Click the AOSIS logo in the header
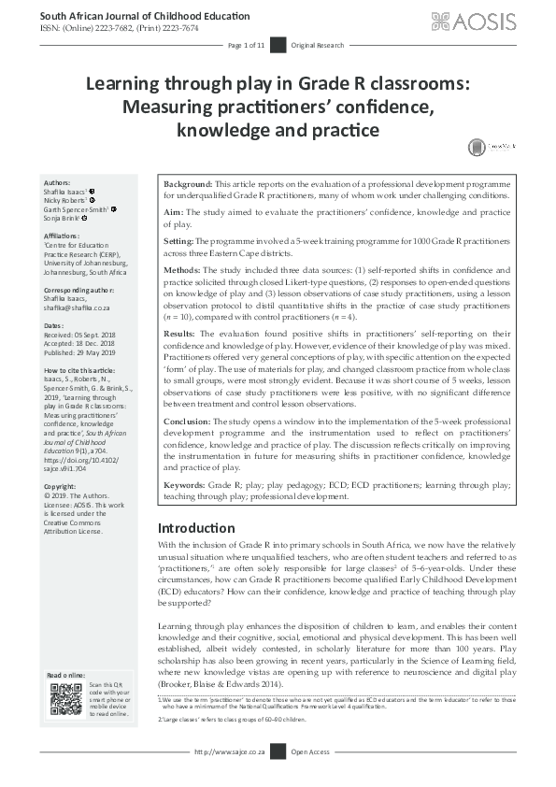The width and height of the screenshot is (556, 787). point(488,21)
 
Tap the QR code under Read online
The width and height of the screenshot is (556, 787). point(65,698)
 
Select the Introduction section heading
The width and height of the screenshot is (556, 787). point(196,528)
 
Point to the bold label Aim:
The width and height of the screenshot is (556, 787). point(175,213)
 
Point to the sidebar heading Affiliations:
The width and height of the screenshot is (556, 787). point(64,237)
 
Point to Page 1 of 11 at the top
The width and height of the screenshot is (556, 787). point(248,45)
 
